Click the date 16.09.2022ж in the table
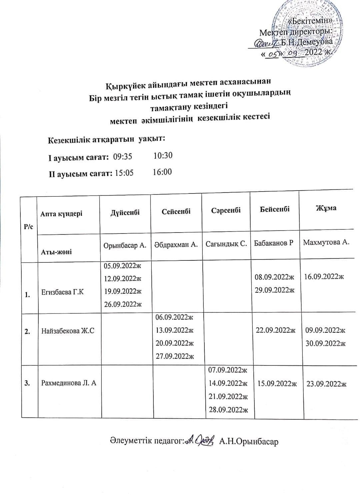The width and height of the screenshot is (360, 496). coord(322,276)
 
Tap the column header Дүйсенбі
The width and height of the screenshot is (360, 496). coord(125,212)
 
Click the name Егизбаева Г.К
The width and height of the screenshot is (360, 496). coord(62,292)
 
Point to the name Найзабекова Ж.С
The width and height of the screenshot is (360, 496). coord(68,331)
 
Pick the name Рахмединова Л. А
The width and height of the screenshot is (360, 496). coord(69,383)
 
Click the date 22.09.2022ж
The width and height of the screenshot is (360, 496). coord(275,330)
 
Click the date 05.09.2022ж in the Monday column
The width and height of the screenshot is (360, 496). coord(123,265)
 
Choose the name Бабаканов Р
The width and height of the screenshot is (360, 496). coord(273,243)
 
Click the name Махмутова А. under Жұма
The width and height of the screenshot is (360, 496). coord(326,242)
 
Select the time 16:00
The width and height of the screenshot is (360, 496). coord(162,172)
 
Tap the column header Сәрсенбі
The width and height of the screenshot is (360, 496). coord(226,211)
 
